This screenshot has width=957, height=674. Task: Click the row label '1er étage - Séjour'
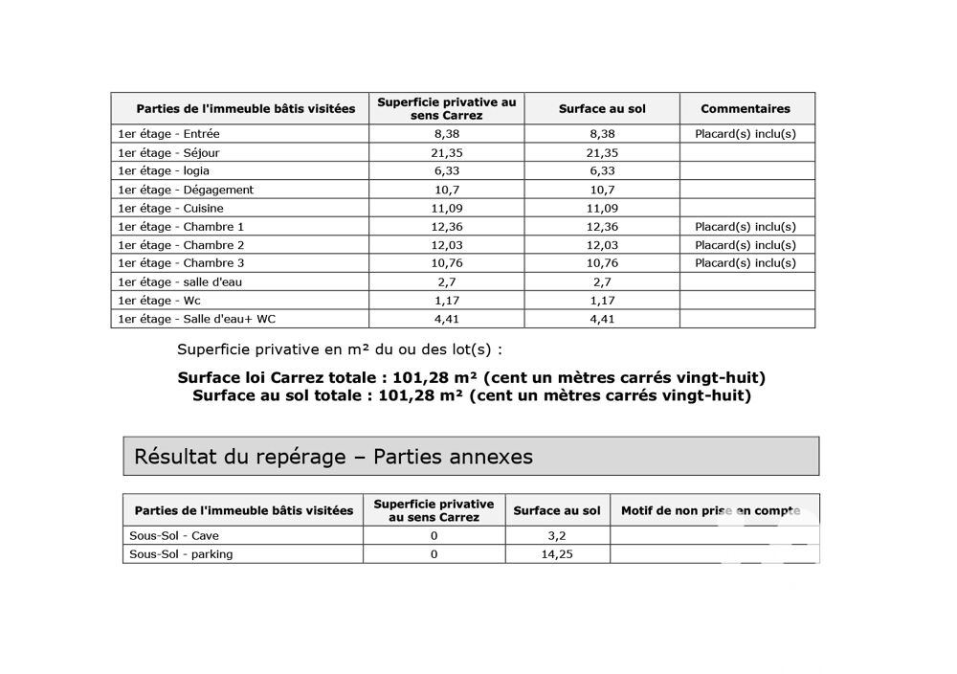click(x=167, y=153)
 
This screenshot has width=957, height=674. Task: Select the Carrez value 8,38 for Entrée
click(x=446, y=135)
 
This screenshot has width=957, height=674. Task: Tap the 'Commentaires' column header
click(x=746, y=109)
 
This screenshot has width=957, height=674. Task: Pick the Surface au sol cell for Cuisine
click(x=602, y=209)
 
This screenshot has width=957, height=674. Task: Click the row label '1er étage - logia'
click(x=163, y=171)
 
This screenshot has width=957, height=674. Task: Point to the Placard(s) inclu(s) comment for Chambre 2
click(x=746, y=245)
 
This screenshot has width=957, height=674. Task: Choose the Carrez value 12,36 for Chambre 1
click(x=446, y=227)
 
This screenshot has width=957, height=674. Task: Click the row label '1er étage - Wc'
click(x=159, y=301)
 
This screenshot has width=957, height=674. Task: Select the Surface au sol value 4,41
click(x=602, y=319)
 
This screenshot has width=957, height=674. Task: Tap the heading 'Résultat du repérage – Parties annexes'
click(x=333, y=457)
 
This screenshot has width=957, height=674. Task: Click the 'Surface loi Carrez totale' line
click(x=471, y=378)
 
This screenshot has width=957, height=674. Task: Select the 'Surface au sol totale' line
click(x=471, y=395)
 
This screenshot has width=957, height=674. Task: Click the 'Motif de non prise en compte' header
click(x=710, y=511)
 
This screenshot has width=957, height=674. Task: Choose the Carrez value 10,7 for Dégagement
click(x=446, y=191)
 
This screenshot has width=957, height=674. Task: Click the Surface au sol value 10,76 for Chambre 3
click(x=602, y=263)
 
